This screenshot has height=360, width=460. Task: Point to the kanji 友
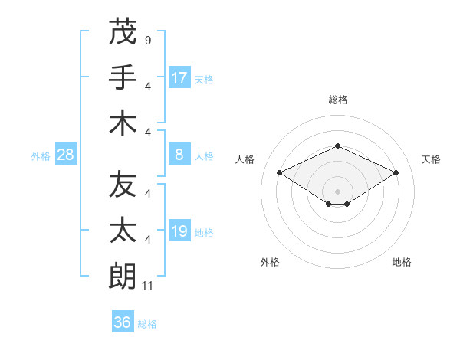[123, 185]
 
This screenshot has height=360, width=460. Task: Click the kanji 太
[123, 231]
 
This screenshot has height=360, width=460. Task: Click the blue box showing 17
[179, 78]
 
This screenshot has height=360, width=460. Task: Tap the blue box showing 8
[179, 155]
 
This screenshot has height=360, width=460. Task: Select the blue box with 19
[179, 231]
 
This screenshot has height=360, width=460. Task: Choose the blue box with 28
[65, 155]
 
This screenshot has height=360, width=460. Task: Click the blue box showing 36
[122, 322]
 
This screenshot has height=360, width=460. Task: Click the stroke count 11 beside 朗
[149, 286]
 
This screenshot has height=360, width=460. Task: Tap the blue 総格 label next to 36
[147, 324]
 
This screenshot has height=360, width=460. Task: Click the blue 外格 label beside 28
[41, 156]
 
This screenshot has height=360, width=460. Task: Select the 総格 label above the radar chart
[337, 100]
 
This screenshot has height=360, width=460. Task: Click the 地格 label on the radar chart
[402, 263]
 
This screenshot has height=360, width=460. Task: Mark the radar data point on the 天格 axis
[396, 173]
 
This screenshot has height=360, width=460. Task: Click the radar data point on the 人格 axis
[280, 173]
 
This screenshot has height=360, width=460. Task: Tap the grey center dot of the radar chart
[337, 191]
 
